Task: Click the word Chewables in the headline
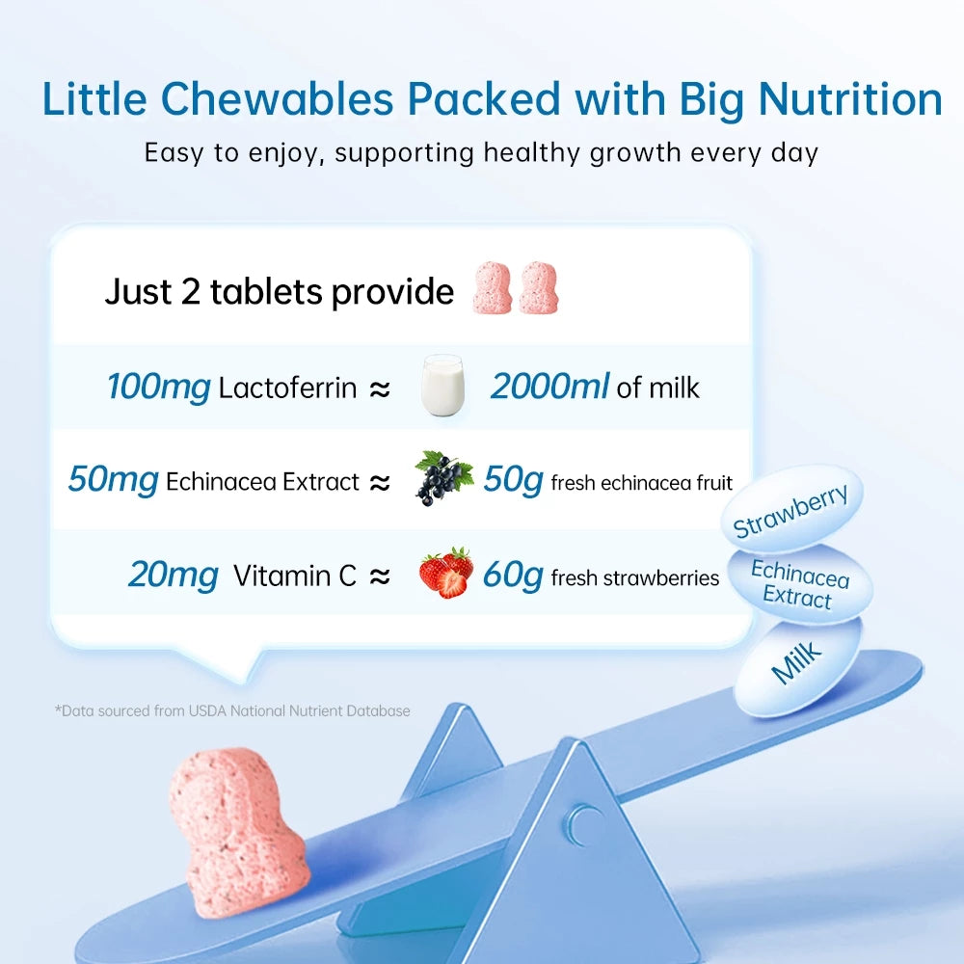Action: tap(278, 101)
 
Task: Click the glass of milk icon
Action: tap(443, 386)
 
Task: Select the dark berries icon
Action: tap(443, 477)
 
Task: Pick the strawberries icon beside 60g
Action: tap(445, 573)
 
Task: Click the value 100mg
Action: tap(158, 388)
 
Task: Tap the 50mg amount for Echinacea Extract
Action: tap(113, 480)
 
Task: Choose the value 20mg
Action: tap(174, 576)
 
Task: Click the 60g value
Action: tap(513, 576)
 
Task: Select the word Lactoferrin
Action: tap(287, 389)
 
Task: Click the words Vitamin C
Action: tap(295, 576)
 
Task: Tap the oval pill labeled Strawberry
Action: tap(791, 510)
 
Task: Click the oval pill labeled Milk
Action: tap(797, 664)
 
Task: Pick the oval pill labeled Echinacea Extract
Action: tap(799, 584)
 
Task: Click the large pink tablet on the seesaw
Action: tap(236, 829)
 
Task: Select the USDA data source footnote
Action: tap(232, 711)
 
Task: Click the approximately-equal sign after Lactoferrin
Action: tap(381, 389)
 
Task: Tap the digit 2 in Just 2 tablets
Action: tap(190, 291)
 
